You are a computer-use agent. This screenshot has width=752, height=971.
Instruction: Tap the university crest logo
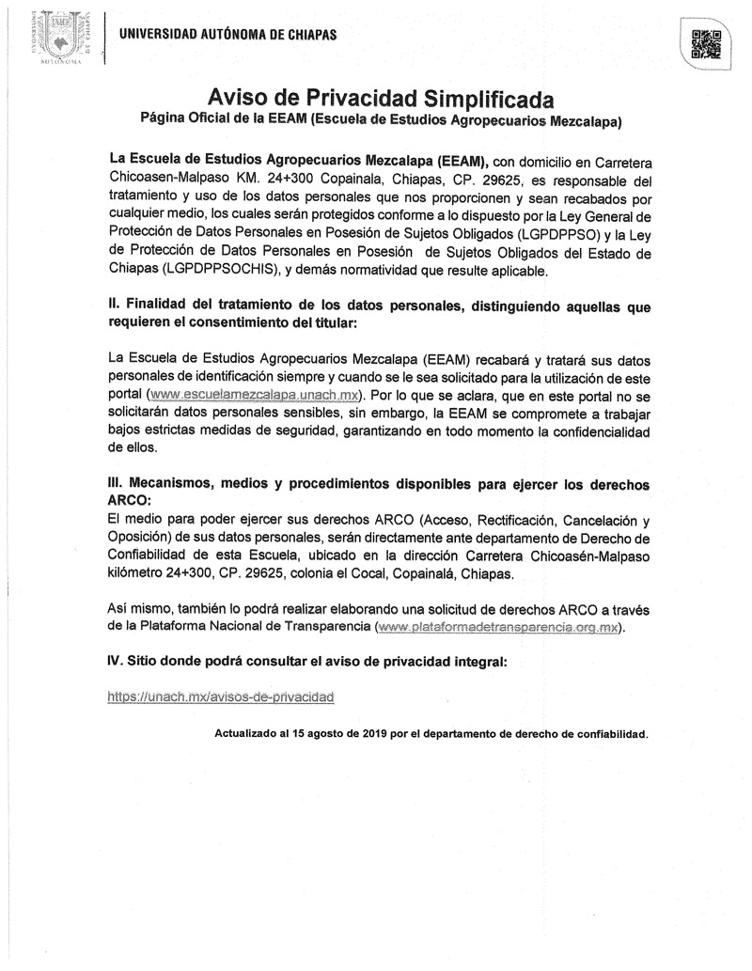click(59, 37)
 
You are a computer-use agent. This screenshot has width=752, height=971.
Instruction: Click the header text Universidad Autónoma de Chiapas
click(227, 35)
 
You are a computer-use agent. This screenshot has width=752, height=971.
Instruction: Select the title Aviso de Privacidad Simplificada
click(381, 99)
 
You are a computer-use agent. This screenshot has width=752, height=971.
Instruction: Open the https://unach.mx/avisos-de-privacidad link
click(221, 697)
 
